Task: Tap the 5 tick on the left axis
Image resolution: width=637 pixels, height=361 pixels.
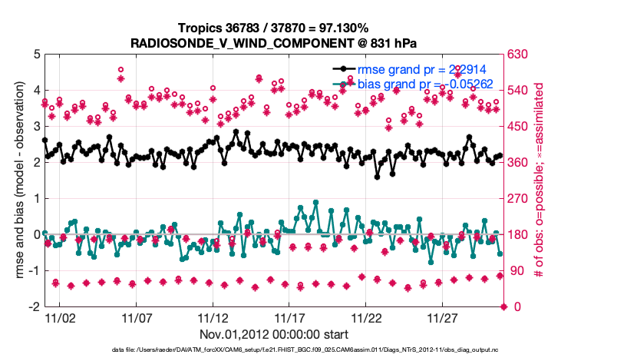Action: point(35,55)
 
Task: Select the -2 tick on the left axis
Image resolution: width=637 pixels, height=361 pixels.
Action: point(33,306)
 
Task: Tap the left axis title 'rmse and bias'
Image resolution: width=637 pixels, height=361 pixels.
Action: point(15,180)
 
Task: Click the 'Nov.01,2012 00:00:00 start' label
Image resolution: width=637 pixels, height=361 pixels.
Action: point(274,334)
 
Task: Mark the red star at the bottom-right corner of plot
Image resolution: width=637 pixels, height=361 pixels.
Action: point(504,306)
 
